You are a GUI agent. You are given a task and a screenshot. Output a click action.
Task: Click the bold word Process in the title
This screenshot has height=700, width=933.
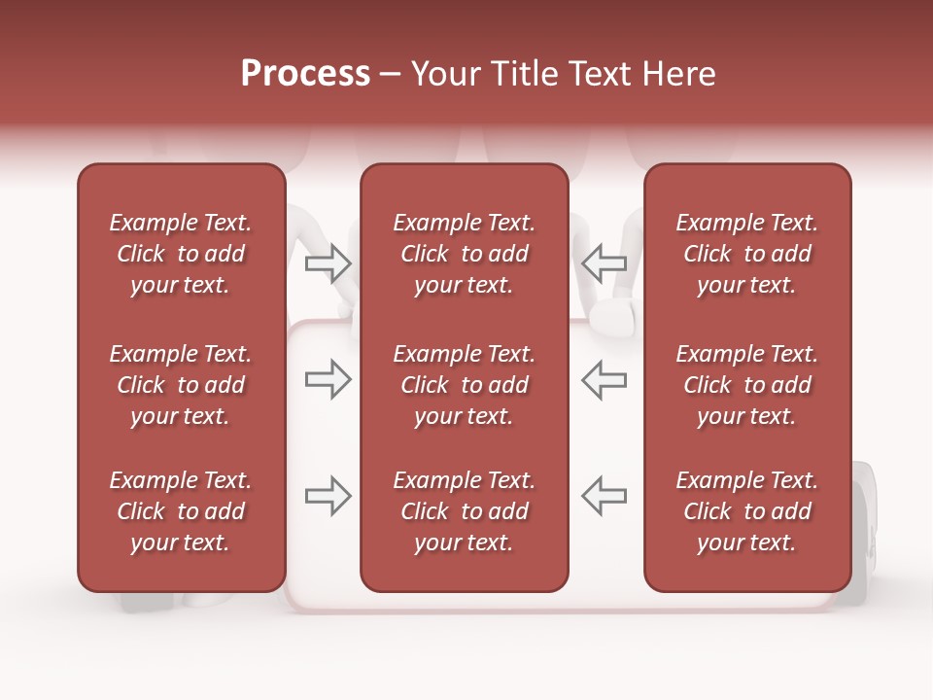[x=305, y=74]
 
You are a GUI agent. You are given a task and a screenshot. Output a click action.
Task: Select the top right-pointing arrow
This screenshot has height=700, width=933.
[x=328, y=262]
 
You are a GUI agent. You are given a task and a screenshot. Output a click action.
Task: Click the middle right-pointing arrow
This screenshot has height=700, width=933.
[x=328, y=380]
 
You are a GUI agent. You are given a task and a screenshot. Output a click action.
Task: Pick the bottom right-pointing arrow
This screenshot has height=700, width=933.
[x=328, y=496]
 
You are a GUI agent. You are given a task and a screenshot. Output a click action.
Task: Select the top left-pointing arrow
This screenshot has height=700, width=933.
[x=605, y=262]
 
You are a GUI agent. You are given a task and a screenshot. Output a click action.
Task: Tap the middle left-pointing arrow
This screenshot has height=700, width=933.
[x=605, y=380]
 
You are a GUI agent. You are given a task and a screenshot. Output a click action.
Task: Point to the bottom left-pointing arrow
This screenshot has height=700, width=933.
[x=605, y=496]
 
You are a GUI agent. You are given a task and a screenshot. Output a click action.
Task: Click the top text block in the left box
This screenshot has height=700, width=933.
[x=181, y=254]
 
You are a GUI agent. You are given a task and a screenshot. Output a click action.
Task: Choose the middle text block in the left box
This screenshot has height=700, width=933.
[x=181, y=385]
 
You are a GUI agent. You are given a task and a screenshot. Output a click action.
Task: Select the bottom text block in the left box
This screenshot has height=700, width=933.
[x=181, y=511]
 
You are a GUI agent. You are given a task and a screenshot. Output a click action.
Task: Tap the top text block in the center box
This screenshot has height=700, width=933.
[x=464, y=254]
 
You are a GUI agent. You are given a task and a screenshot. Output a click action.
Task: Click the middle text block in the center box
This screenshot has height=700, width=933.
[x=464, y=385]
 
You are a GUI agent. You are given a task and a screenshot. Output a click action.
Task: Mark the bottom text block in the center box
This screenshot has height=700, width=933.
[x=464, y=511]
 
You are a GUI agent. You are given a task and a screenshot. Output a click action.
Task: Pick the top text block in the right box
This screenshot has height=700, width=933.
[x=746, y=254]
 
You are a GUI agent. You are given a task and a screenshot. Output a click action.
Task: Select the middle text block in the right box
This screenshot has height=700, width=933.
[x=746, y=385]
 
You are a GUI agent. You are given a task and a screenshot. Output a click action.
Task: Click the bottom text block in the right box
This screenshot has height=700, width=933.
[x=746, y=511]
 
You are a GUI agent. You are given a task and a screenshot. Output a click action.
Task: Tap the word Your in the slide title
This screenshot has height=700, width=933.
[x=443, y=74]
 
